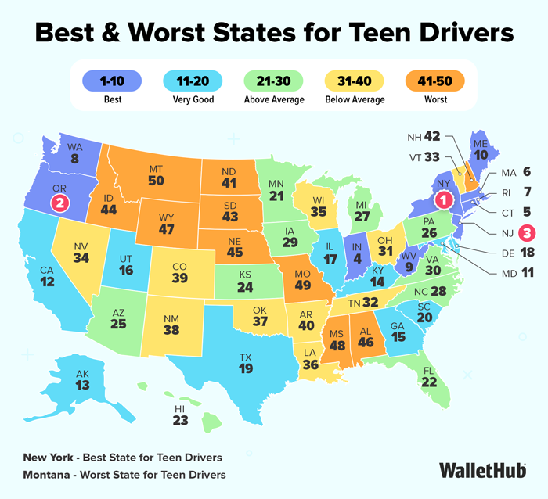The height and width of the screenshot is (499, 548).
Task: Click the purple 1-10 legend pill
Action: click(112, 81)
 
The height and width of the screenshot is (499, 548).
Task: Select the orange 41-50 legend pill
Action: click(434, 81)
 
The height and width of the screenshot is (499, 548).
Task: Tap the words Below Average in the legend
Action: click(355, 99)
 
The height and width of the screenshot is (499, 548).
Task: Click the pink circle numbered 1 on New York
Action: click(444, 200)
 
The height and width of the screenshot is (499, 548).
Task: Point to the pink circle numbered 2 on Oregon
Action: click(59, 203)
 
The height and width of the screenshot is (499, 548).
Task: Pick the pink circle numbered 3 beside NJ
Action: click(527, 232)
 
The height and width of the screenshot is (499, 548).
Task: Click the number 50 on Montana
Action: click(156, 181)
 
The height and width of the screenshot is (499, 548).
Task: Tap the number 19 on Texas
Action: click(246, 368)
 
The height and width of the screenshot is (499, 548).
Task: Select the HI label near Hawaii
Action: click(179, 409)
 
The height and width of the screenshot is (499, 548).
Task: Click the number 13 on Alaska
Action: click(82, 385)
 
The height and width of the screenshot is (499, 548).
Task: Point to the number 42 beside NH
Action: click(432, 136)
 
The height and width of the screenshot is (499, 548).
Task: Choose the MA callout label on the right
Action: click(509, 173)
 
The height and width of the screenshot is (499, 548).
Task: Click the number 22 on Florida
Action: click(429, 382)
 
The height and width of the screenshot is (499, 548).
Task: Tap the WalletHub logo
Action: click(483, 470)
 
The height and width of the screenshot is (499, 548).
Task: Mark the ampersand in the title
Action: click(111, 33)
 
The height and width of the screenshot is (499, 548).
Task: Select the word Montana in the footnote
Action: click(46, 475)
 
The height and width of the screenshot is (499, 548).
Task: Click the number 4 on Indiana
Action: click(357, 259)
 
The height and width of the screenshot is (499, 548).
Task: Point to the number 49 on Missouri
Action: click(303, 285)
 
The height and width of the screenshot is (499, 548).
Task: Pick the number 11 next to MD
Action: click(528, 272)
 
